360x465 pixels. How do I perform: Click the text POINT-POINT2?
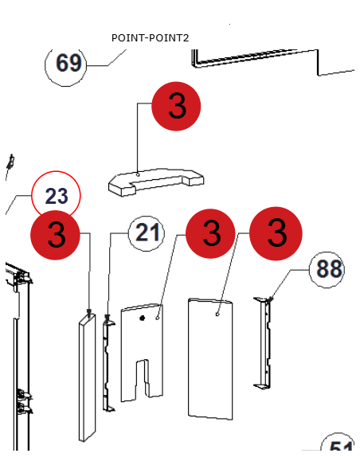point(150,38)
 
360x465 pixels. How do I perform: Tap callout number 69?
point(66,64)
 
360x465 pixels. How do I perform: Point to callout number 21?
point(147,233)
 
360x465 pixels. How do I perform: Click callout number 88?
point(327,270)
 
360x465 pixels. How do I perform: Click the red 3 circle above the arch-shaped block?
point(176,106)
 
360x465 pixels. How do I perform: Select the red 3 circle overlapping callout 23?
point(56,235)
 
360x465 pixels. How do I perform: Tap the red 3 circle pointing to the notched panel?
point(210,233)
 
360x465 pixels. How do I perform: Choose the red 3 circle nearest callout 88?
point(276,233)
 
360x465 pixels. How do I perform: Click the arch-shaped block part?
point(156,182)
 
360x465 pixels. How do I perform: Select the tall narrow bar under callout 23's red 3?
point(87,377)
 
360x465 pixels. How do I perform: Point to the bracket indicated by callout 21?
point(108,363)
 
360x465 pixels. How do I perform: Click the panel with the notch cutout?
point(142,352)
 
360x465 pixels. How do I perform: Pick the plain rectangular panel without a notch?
point(210,359)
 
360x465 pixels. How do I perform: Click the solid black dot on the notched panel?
point(143,318)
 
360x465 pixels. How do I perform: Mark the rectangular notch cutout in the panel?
point(142,378)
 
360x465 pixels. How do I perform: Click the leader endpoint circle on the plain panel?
point(217,314)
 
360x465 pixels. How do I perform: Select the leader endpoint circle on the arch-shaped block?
point(138,174)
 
